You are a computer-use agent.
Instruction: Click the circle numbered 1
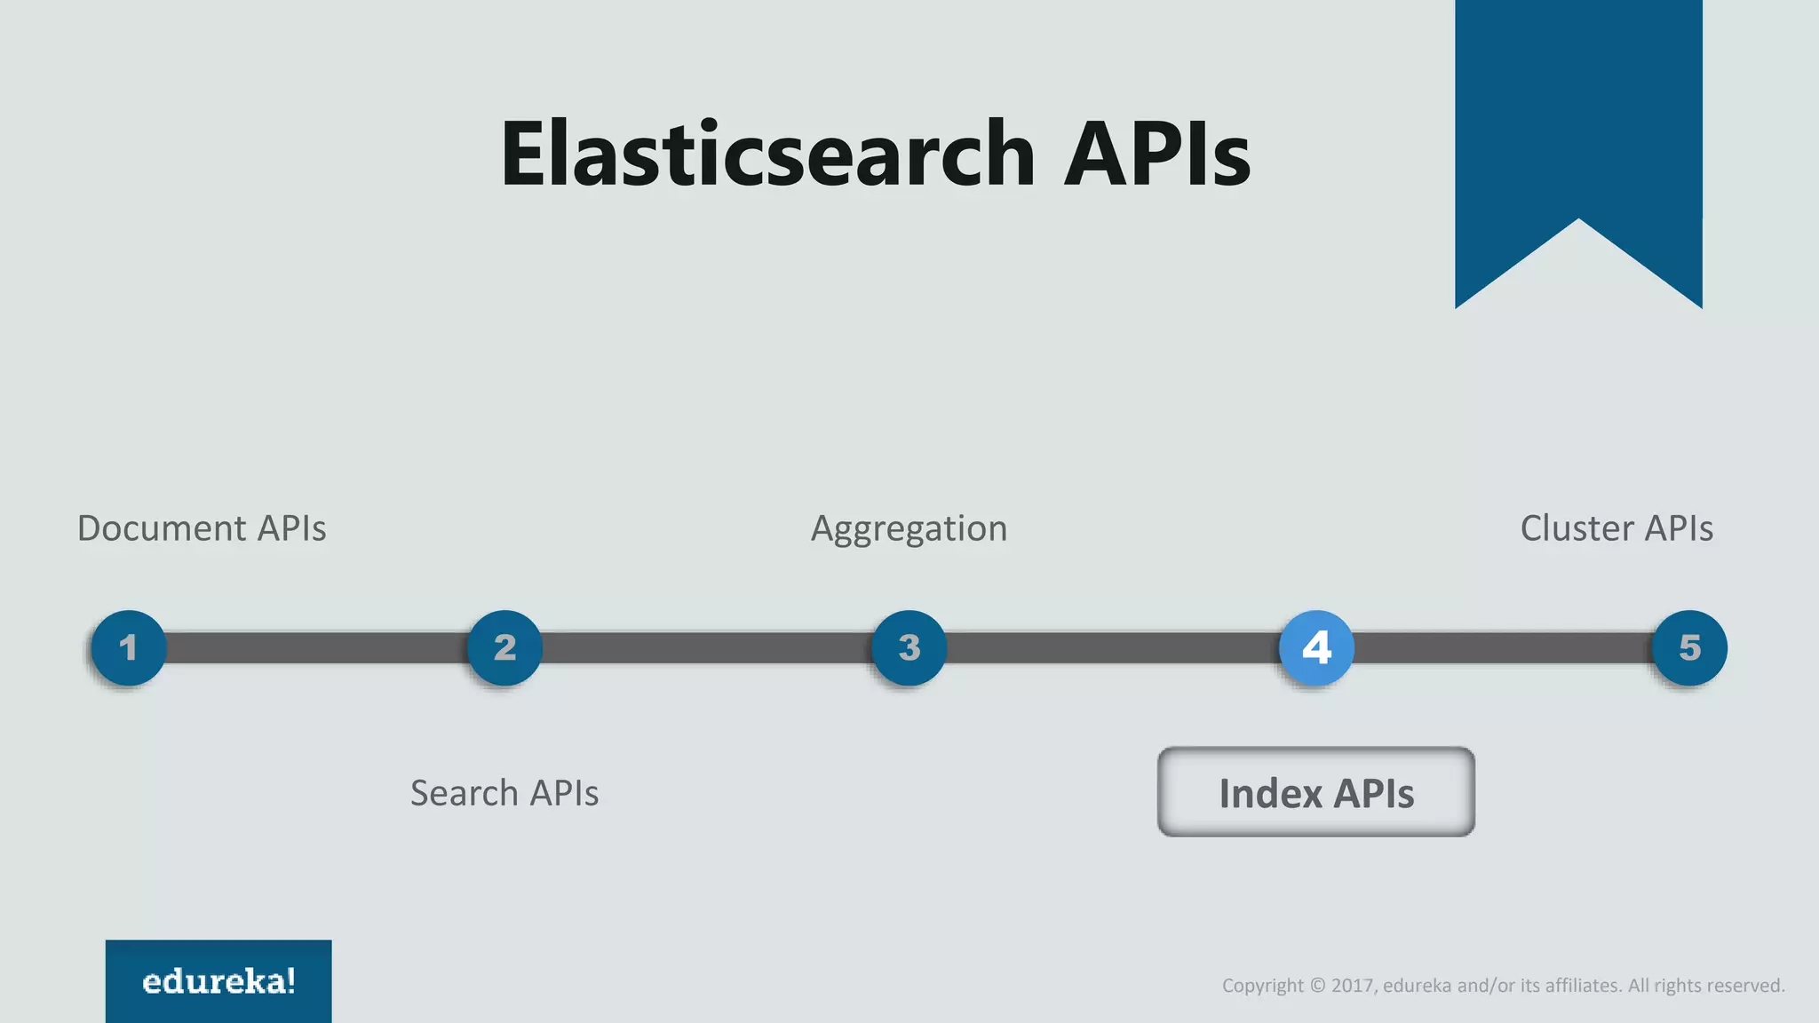(129, 647)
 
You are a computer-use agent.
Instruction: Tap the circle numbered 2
(504, 647)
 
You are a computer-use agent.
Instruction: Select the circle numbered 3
(909, 647)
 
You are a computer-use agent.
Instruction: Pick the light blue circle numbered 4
(1316, 647)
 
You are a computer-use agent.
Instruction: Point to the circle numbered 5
(1689, 647)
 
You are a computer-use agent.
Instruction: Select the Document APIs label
(202, 528)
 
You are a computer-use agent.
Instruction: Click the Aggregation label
(909, 529)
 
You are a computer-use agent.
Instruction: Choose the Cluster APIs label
(1616, 528)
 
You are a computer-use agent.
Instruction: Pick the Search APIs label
(504, 793)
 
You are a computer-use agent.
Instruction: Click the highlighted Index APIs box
(1315, 792)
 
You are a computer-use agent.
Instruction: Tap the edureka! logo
(218, 981)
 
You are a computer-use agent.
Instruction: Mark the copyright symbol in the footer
(1318, 986)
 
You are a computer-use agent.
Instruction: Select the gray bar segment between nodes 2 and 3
(706, 647)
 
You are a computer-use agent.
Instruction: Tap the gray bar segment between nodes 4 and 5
(1503, 647)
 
